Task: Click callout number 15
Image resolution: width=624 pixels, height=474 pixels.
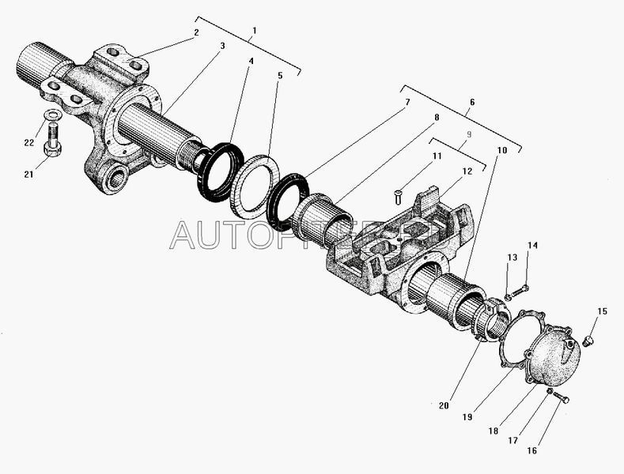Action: click(x=602, y=311)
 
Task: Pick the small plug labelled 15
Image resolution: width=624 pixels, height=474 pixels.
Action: click(x=588, y=340)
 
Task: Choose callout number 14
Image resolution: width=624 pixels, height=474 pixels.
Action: click(x=532, y=246)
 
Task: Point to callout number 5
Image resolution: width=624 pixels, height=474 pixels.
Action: click(x=279, y=77)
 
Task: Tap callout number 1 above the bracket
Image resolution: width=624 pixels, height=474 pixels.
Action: click(x=253, y=32)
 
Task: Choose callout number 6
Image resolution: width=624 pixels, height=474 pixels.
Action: click(x=472, y=102)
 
